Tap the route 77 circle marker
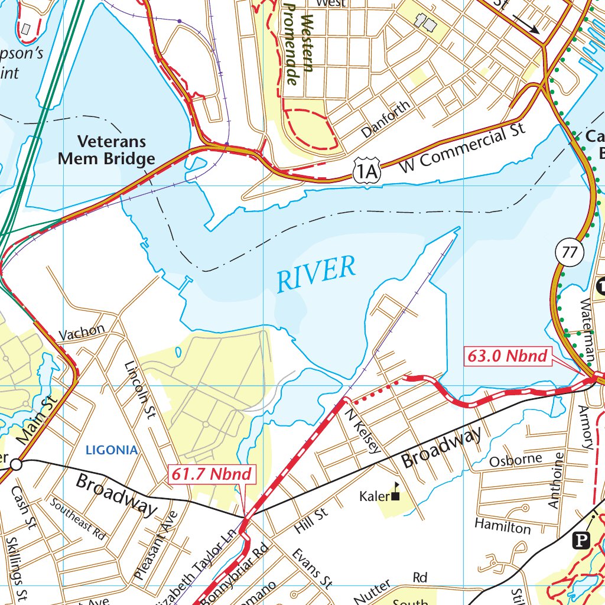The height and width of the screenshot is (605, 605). [x=569, y=252]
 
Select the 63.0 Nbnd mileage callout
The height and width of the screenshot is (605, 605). [x=508, y=356]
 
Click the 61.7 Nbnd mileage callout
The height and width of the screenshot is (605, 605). [x=212, y=474]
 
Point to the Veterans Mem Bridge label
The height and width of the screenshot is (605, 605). [x=116, y=150]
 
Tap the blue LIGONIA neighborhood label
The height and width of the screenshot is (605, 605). [x=112, y=450]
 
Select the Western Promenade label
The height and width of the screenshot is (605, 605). [x=298, y=43]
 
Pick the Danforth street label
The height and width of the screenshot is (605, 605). [x=386, y=120]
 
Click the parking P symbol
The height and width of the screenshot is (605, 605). [x=581, y=539]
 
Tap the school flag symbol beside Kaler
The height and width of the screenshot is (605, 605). [x=396, y=492]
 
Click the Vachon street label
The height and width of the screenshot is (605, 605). [x=82, y=332]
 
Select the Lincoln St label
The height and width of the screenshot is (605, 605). [x=139, y=390]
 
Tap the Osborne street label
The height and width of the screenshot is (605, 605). [x=515, y=459]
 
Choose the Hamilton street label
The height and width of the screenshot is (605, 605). [x=502, y=525]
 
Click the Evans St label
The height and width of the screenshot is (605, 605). [x=311, y=568]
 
